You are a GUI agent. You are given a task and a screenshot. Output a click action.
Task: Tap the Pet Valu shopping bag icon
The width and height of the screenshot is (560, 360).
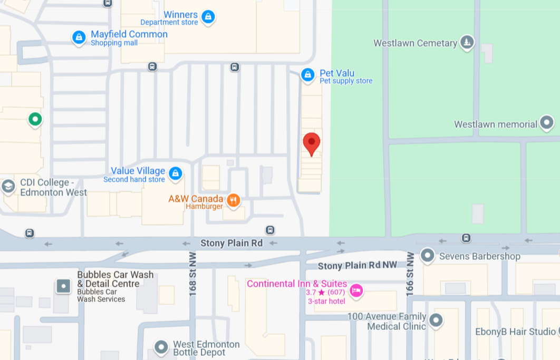coord(308,75)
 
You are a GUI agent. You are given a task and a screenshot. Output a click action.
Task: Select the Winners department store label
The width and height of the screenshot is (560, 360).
coord(180,15)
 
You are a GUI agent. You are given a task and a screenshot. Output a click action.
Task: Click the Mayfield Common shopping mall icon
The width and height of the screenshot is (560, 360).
coord(79,37)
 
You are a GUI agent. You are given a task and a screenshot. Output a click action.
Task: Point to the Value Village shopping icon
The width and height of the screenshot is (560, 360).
coord(175,173)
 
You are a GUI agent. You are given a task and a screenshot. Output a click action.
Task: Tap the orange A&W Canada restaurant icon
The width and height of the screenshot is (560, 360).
coord(233,200)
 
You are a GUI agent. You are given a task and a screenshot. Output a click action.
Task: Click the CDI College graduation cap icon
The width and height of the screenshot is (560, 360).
coord(8,187)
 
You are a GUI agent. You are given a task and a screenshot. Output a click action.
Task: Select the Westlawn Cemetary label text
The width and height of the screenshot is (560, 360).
coord(415,43)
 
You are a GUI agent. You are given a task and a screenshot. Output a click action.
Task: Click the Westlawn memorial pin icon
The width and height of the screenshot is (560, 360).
coord(547,123)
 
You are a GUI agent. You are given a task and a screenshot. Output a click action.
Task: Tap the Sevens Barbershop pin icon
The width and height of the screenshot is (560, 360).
coord(427,256)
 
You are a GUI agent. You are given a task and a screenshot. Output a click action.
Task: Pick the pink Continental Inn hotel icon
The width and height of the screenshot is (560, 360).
coord(356,290)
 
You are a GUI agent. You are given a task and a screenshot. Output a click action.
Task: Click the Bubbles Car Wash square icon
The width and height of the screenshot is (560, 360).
coord(64,286)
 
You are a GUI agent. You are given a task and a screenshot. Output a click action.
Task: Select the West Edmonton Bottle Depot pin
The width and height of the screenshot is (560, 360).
coord(161,347)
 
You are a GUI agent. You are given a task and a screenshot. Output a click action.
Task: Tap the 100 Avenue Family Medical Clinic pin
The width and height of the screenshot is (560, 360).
coord(436,320)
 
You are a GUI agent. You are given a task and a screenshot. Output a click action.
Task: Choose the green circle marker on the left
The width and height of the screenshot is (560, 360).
coord(35,120)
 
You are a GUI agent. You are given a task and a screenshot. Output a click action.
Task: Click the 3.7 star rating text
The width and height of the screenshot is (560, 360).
coord(315,292)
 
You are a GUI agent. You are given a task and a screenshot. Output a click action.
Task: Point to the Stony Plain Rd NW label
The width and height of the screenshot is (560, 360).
coord(357,266)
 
